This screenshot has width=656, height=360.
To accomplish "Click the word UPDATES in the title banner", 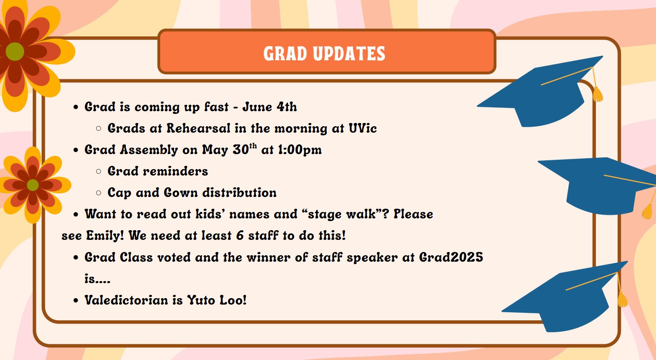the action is coord(349,54).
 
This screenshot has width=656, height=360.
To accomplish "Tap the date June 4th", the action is coord(269,107).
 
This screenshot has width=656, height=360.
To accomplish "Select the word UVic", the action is coord(362,128).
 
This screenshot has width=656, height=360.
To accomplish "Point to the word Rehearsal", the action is coord(199,128).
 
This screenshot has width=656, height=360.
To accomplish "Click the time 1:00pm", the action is coord(300,150).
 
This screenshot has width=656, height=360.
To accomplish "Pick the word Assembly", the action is coord(149,150).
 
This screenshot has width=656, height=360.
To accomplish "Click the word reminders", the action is coord(176,171).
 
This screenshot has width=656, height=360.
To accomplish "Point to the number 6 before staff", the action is coord(240,235).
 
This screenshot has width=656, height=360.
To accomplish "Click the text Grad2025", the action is coord(451,257).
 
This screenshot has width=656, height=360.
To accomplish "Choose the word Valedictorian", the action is coord(126,300).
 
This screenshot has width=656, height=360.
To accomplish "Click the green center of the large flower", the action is coord(15,51).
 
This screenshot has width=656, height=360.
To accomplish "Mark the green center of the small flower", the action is coord(32,185).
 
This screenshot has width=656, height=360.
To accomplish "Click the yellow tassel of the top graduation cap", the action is coord(597,94).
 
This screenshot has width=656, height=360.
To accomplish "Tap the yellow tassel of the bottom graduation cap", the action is coord(622,299).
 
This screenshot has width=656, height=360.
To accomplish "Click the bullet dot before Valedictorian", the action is coord(76,301).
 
